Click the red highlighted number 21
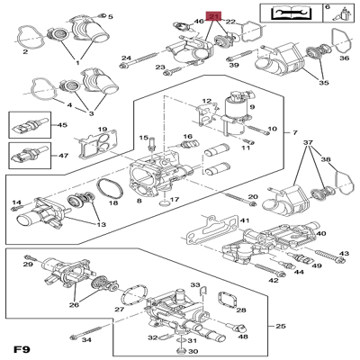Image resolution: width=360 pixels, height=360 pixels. tap(213, 16)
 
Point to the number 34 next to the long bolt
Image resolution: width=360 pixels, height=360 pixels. tap(87, 340)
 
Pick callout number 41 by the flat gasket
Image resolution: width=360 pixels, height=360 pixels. tap(244, 220)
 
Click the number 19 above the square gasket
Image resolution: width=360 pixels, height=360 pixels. tap(103, 130)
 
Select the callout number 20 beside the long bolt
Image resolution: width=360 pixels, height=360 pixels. tap(253, 196)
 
